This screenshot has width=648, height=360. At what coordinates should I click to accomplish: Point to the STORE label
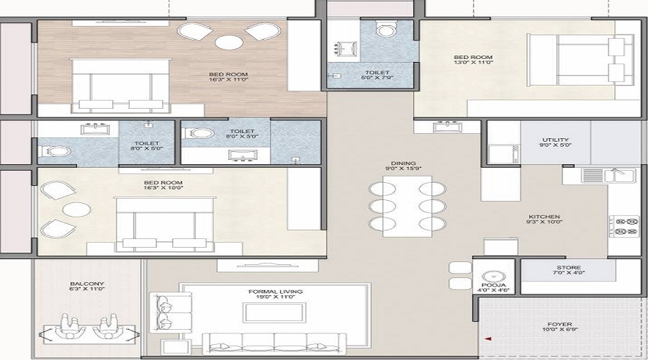[568, 266]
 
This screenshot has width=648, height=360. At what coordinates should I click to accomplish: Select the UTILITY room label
[556, 140]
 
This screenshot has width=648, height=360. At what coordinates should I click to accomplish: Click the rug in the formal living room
[276, 312]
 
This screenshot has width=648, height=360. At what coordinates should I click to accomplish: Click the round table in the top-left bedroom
[230, 41]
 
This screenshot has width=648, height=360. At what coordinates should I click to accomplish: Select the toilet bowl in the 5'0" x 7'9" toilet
[387, 30]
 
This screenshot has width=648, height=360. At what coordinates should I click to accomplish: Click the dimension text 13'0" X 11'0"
[472, 63]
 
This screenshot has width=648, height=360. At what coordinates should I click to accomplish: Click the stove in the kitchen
[623, 225]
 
